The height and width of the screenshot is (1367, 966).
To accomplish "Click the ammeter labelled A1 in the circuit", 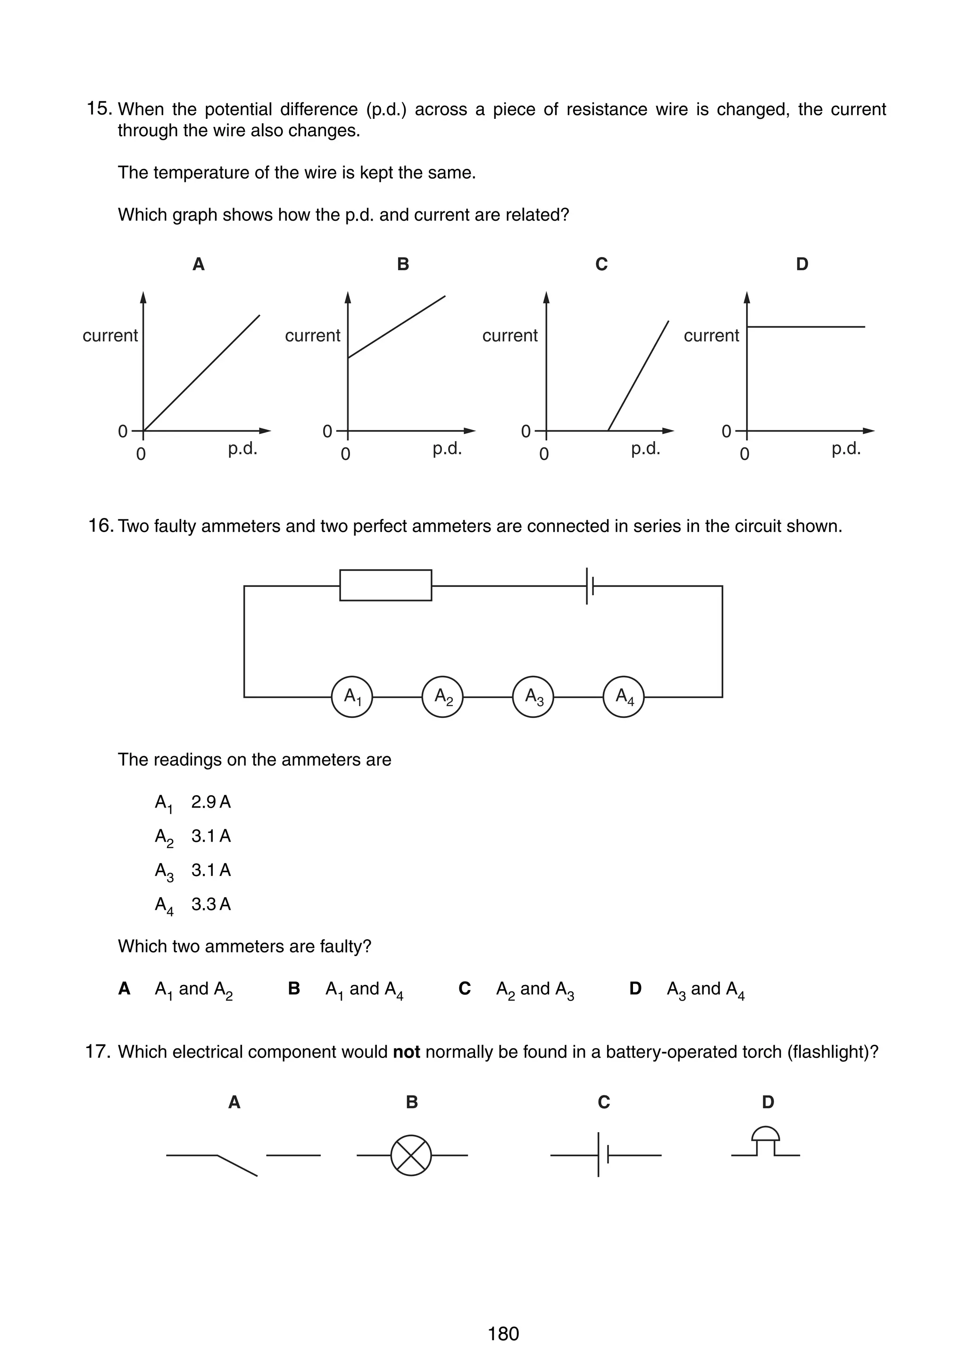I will pyautogui.click(x=352, y=697).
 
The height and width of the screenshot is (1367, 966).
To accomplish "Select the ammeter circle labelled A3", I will pyautogui.click(x=533, y=697).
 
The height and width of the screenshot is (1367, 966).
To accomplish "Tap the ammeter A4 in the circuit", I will pyautogui.click(x=623, y=697).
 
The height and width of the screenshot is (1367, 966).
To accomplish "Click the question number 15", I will pyautogui.click(x=99, y=108).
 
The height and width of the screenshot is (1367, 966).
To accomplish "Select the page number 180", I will pyautogui.click(x=503, y=1334).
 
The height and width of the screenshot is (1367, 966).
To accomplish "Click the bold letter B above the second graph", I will pyautogui.click(x=403, y=264).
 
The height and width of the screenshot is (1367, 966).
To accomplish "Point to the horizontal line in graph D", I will pyautogui.click(x=806, y=327).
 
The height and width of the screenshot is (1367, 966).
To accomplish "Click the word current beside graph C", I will pyautogui.click(x=509, y=335).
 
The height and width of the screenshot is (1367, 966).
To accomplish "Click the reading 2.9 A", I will pyautogui.click(x=211, y=802).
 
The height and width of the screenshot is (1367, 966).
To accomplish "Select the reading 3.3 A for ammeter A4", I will pyautogui.click(x=211, y=904).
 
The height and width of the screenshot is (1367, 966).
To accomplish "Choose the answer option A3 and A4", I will pyautogui.click(x=705, y=989).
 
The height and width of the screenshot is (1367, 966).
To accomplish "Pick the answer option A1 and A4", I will pyautogui.click(x=364, y=989).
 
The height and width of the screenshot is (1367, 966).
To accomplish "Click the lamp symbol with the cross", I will pyautogui.click(x=411, y=1155).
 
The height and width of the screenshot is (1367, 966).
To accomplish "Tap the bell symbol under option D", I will pyautogui.click(x=766, y=1142).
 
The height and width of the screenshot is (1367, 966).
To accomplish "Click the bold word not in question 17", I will pyautogui.click(x=406, y=1052).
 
